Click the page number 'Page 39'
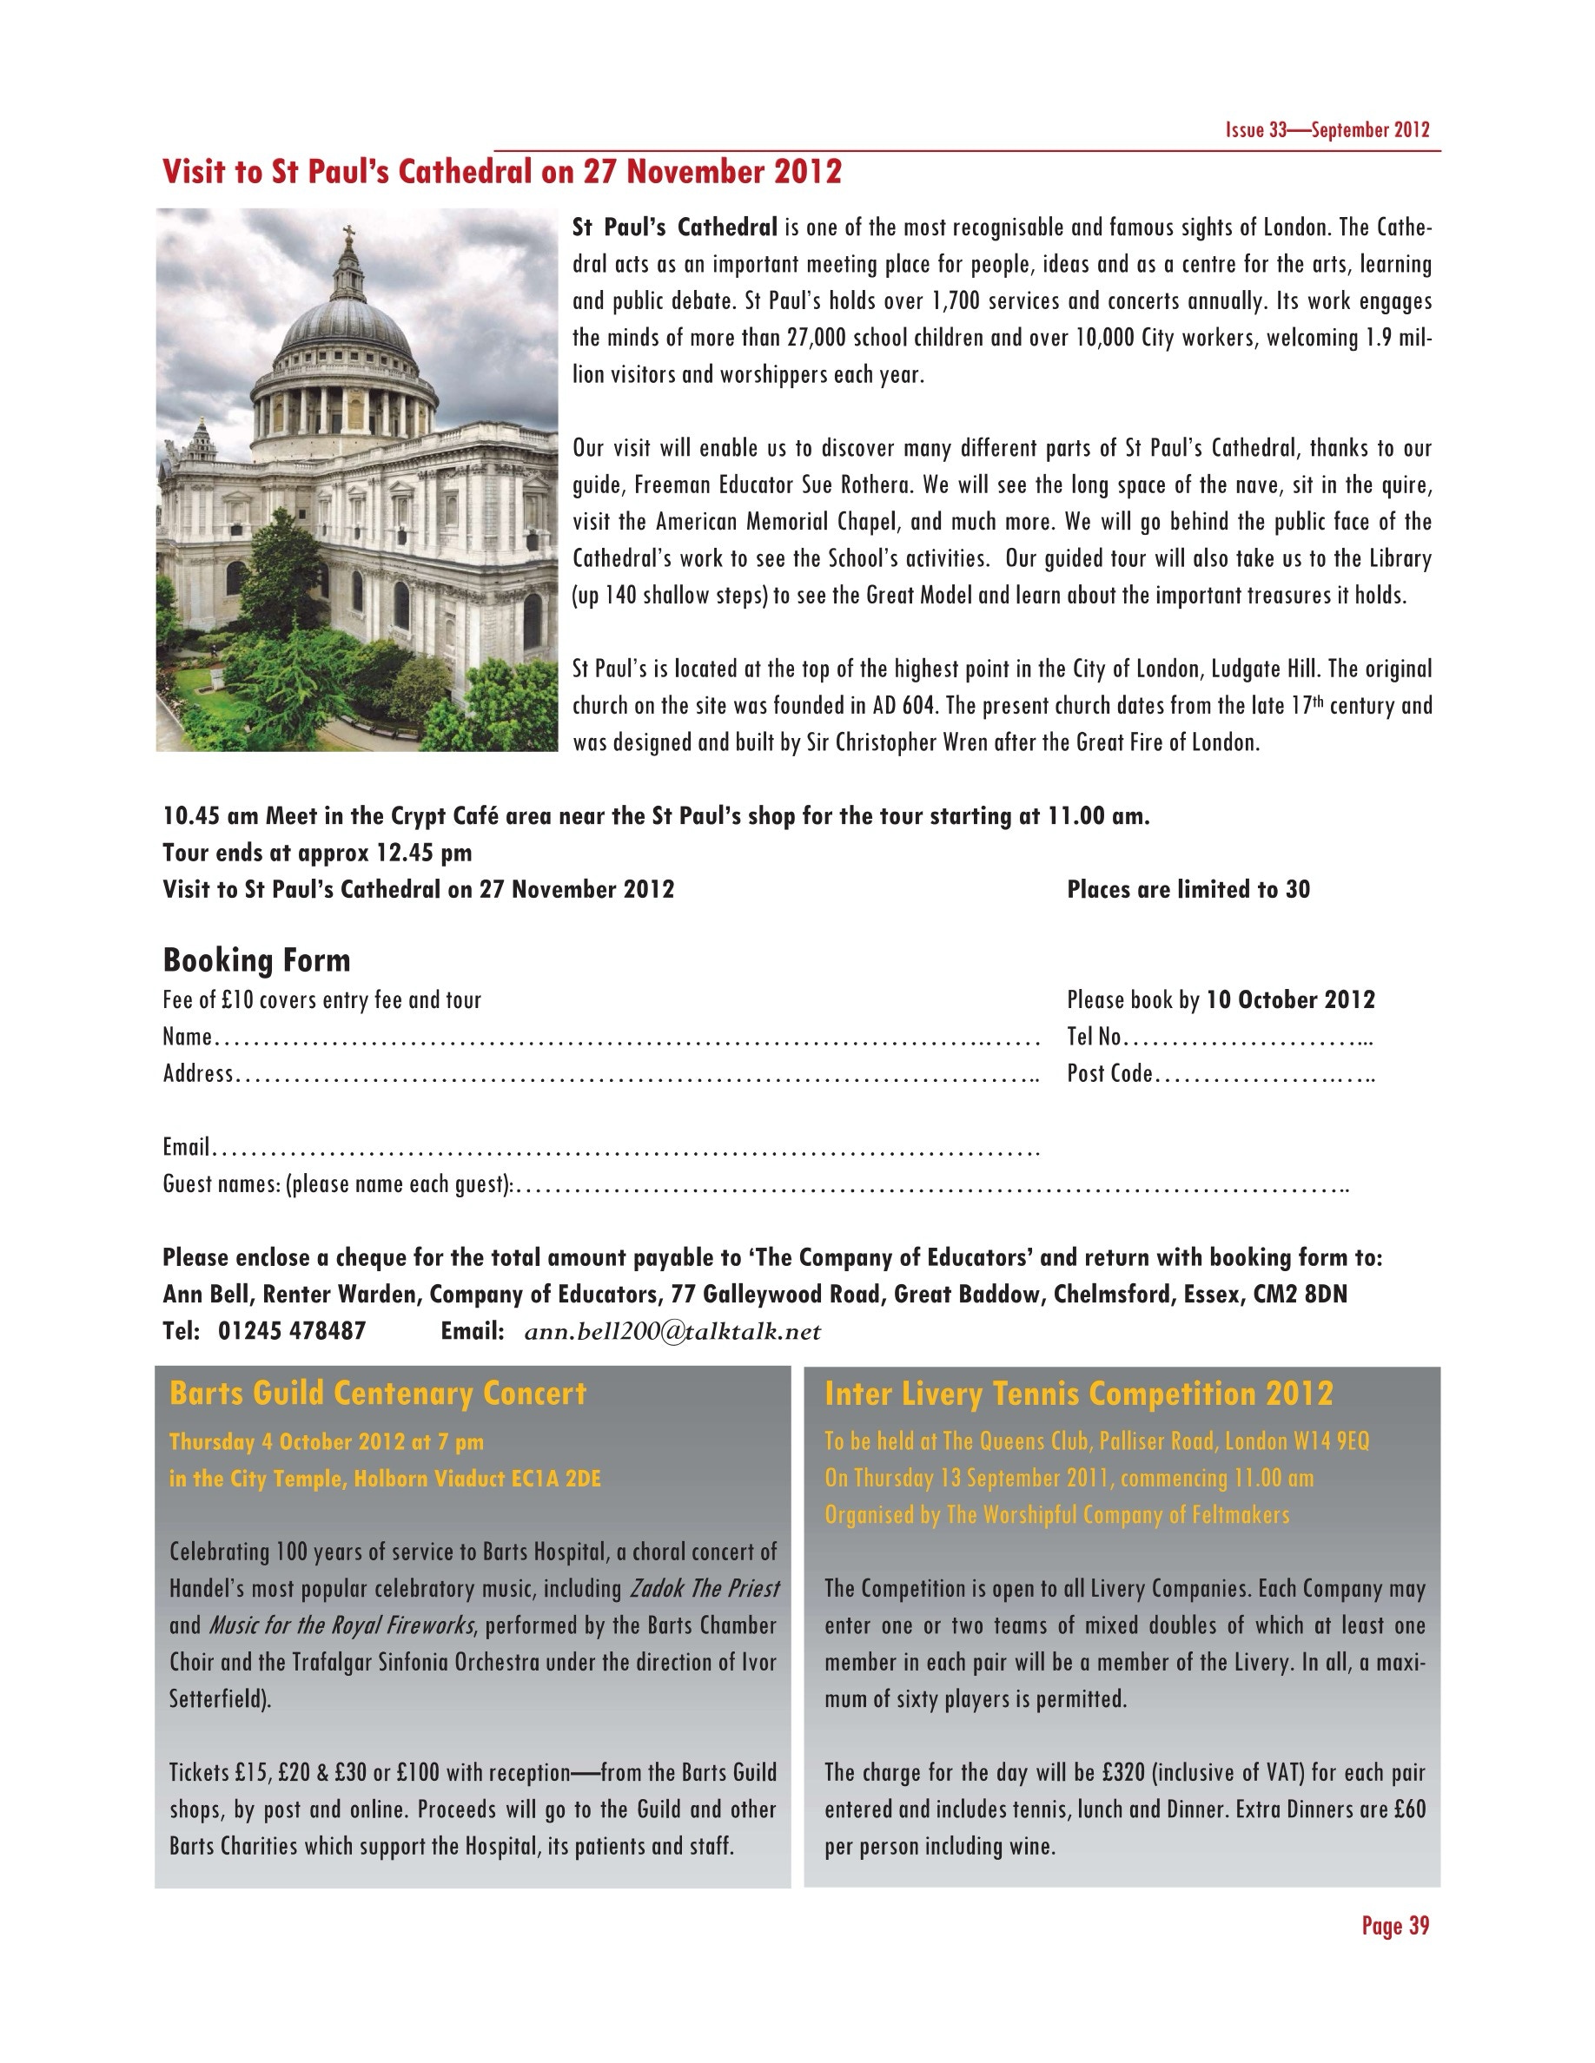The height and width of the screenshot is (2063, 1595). pos(1394,1925)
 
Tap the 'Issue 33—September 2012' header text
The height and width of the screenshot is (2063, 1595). pos(1327,130)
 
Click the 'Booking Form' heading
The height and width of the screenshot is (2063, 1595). pos(256,959)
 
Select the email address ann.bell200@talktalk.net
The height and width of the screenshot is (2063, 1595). pos(672,1331)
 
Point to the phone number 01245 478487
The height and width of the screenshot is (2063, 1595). pos(292,1331)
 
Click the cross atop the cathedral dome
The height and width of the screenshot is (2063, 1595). pos(347,234)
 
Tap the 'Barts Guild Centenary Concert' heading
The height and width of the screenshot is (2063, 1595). pos(378,1394)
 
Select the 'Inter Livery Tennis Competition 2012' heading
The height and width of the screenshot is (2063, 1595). pos(1078,1394)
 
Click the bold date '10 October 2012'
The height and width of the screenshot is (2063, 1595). pos(1290,999)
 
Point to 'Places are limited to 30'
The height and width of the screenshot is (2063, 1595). pos(1188,889)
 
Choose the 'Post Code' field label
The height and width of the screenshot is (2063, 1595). pos(1109,1074)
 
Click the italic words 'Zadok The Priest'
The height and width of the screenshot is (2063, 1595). pos(704,1588)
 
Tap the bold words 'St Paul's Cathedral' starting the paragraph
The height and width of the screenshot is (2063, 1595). pos(675,227)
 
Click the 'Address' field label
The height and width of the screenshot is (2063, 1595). pos(197,1074)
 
